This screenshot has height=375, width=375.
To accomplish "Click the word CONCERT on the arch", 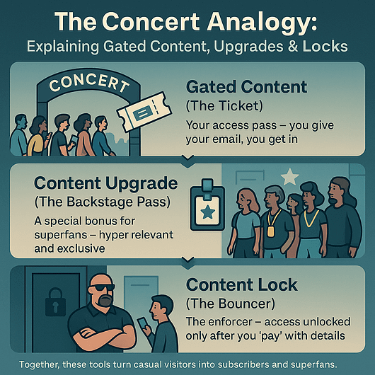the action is click(89, 83).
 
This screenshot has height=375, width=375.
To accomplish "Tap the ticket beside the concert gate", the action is click(144, 112).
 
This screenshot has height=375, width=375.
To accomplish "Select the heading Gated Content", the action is click(246, 87).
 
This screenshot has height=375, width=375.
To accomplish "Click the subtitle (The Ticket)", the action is click(224, 105).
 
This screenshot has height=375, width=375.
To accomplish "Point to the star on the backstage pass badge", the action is click(207, 212).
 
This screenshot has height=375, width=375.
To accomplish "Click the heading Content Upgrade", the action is click(106, 183).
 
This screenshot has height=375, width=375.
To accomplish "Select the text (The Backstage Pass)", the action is click(103, 202).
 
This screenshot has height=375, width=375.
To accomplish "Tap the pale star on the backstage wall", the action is click(290, 176).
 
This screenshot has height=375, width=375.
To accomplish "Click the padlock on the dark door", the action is click(55, 301).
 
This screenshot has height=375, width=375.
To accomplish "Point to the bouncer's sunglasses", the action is click(102, 287).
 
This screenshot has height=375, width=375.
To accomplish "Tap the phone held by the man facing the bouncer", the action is click(142, 323).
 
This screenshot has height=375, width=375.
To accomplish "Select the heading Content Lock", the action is click(242, 284).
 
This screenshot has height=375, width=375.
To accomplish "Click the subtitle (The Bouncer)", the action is click(231, 304).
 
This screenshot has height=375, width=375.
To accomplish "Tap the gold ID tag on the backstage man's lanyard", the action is click(270, 231).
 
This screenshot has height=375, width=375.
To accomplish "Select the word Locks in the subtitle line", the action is click(325, 46).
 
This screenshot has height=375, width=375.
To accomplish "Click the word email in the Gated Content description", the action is click(226, 139).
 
